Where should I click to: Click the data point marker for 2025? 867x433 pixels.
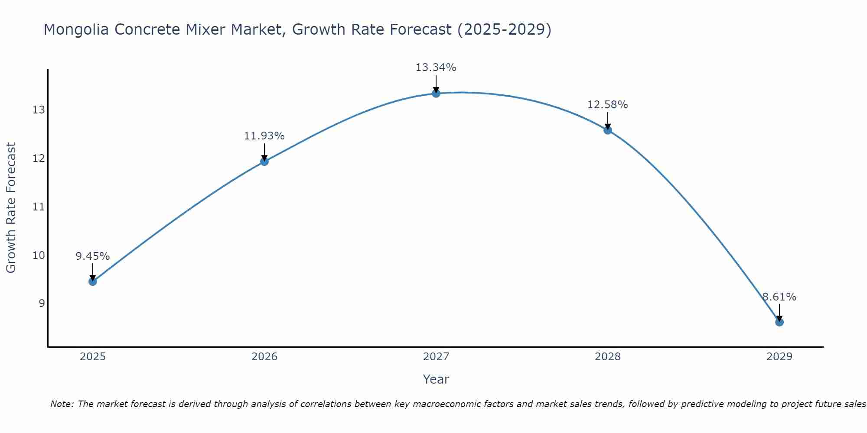point(93,281)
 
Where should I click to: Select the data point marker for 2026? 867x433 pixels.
point(264,162)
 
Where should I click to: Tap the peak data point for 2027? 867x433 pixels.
point(436,93)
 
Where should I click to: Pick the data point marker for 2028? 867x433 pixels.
point(608,130)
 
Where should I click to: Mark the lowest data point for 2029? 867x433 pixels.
point(779,322)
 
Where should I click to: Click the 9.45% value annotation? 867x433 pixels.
point(93,256)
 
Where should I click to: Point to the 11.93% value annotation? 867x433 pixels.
point(264,136)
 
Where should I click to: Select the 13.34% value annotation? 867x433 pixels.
point(436,68)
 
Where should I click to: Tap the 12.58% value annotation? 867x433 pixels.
point(608,105)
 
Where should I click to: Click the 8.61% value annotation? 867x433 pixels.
point(779,297)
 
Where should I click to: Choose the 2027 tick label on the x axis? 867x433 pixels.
point(436,357)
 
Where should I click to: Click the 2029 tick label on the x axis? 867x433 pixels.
point(779,357)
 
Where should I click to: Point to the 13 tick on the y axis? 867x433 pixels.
point(39,110)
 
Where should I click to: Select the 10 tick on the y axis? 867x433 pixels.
point(39,255)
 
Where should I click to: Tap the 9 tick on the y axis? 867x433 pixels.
point(42,303)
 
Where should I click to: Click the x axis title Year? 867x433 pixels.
point(436,379)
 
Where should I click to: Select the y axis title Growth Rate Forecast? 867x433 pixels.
point(11,208)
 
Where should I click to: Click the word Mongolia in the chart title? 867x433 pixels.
point(75,29)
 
